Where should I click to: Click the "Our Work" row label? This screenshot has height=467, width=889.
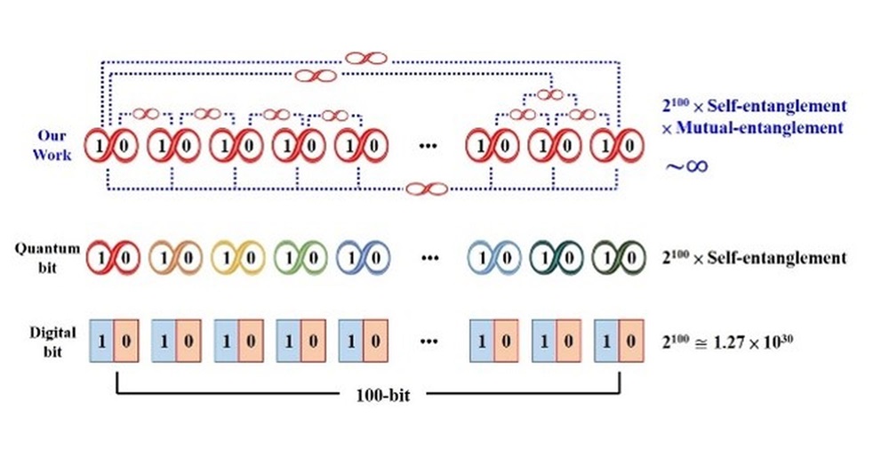(53, 144)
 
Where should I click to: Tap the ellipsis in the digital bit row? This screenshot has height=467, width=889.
(431, 341)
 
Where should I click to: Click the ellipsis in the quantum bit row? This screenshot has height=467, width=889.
(431, 258)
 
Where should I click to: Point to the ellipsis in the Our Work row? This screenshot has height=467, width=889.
(431, 145)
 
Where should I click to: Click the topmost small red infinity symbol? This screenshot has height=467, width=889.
(365, 58)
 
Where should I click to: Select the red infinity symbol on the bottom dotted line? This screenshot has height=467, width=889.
(425, 189)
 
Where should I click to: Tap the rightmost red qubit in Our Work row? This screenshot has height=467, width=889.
(615, 145)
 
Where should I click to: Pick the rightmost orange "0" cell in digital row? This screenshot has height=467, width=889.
(629, 340)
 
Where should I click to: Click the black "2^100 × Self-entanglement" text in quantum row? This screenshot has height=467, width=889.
(755, 258)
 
